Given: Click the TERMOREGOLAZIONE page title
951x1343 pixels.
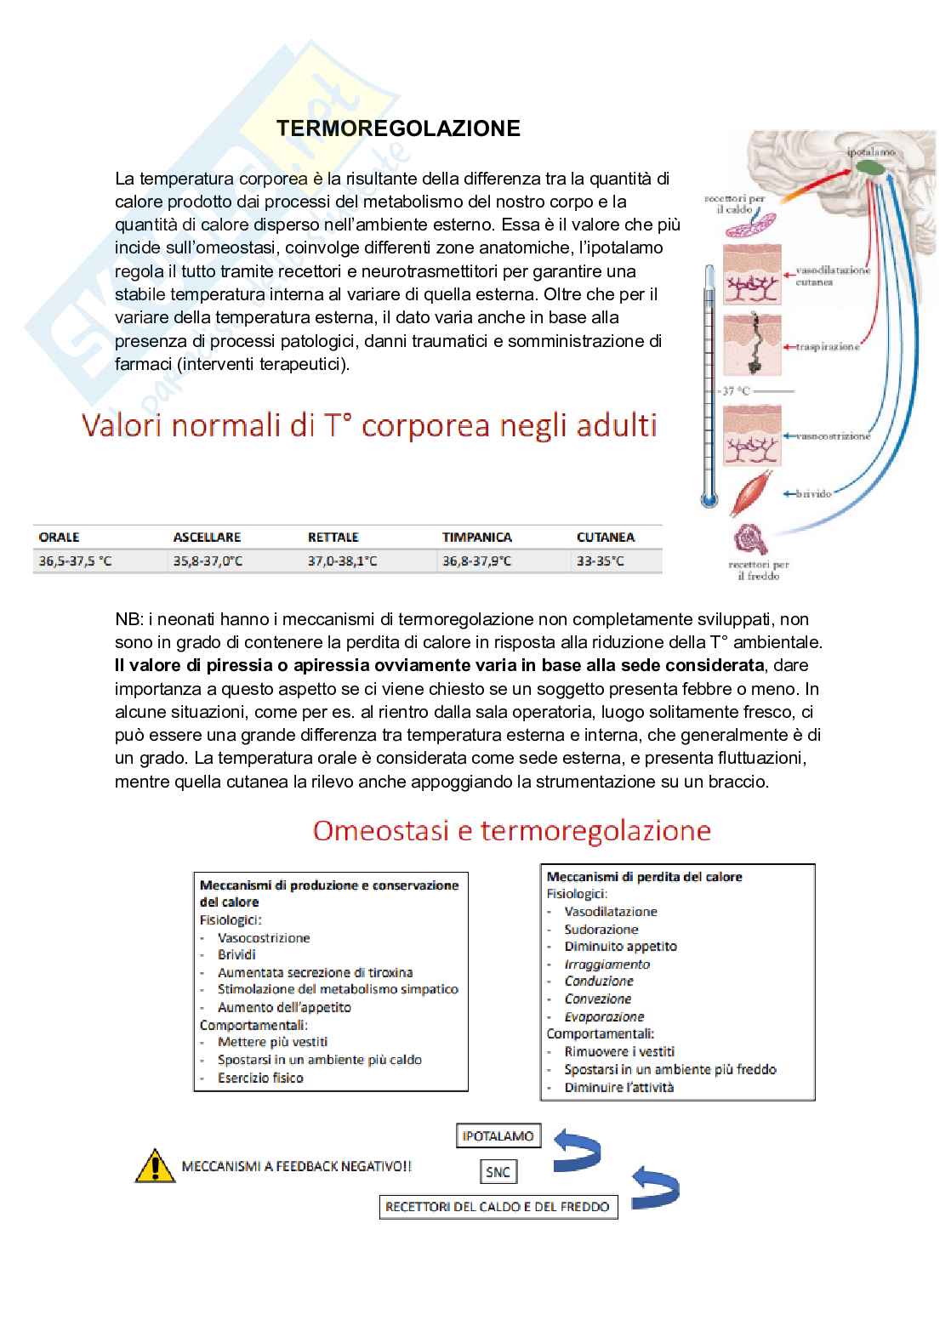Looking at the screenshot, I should pos(398,128).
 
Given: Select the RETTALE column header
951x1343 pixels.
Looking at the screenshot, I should pos(333,538).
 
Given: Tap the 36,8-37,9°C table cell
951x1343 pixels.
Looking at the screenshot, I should pos(476,561).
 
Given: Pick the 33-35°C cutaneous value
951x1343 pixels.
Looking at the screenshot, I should pos(600,561).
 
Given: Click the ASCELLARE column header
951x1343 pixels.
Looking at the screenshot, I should pos(207,538).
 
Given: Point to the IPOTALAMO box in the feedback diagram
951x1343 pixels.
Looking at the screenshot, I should pos(498,1136).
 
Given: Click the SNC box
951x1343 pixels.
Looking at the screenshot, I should pos(498,1172).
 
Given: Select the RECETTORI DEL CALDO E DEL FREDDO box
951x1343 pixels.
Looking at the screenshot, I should pos(498,1207).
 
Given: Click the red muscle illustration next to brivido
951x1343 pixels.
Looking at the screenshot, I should pos(753,493).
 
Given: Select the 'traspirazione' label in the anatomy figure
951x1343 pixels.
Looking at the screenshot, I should pos(827,347).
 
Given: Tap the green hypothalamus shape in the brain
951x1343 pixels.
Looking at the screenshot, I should pos(868,168).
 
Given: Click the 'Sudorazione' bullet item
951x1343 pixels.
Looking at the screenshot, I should pos(601,930).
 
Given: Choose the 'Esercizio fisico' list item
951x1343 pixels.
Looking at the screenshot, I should pos(260,1078).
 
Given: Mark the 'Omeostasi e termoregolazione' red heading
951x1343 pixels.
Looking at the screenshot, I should pos(511,830).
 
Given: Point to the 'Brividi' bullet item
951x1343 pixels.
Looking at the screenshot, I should pos(236,955).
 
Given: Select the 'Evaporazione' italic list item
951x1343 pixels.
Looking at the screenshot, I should pos(604,1017).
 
